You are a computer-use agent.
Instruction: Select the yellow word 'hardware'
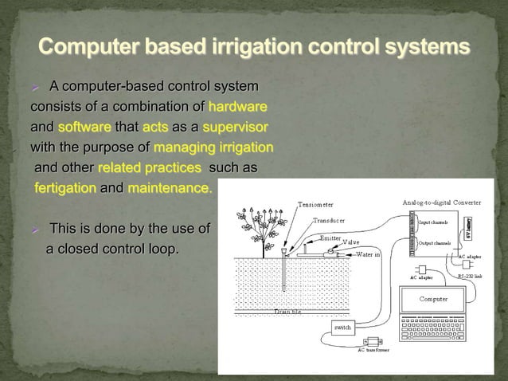(237, 106)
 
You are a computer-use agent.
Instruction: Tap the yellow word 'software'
(84, 127)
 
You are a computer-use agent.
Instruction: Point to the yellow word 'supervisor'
(235, 127)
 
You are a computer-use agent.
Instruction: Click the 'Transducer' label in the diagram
(328, 221)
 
